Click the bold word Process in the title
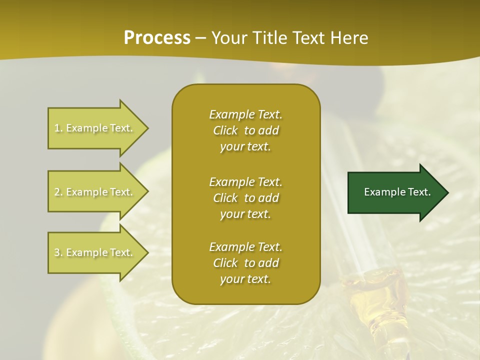tap(157, 37)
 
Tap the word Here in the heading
tap(349, 37)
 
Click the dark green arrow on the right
tap(395, 192)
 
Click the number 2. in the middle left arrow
tap(58, 192)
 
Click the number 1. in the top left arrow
tap(58, 128)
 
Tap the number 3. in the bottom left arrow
tap(58, 252)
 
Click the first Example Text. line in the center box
tap(245, 114)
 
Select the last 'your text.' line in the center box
tap(245, 279)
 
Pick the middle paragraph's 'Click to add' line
tap(245, 198)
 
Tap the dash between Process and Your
tap(201, 38)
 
